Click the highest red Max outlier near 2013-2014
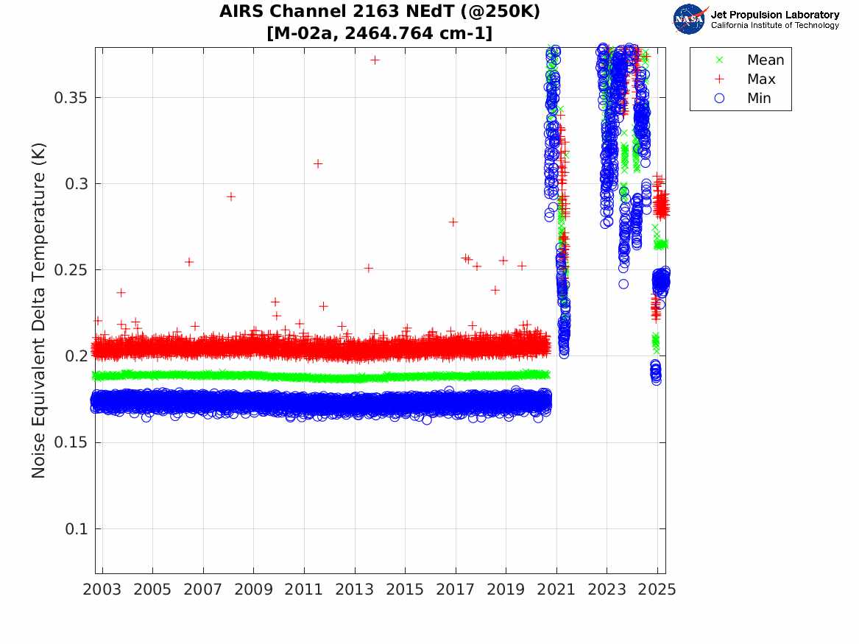(375, 60)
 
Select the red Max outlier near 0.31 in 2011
(318, 163)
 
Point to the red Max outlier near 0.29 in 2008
(230, 197)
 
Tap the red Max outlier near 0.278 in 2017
(453, 222)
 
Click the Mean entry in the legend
(765, 60)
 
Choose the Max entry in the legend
(761, 79)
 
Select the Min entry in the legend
(759, 99)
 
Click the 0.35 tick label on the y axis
(71, 98)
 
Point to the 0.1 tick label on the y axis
(76, 529)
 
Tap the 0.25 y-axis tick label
(71, 270)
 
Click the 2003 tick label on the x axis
(102, 590)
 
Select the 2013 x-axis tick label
(355, 590)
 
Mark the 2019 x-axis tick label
(506, 590)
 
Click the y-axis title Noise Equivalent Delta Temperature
(39, 311)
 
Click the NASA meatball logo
(689, 19)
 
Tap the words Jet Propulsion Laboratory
(774, 15)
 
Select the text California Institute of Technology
(774, 26)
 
